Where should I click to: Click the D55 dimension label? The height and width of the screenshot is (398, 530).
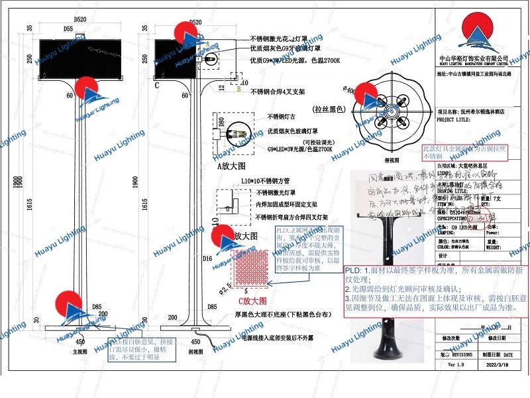68,30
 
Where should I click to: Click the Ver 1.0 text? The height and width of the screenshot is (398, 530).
456,365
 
